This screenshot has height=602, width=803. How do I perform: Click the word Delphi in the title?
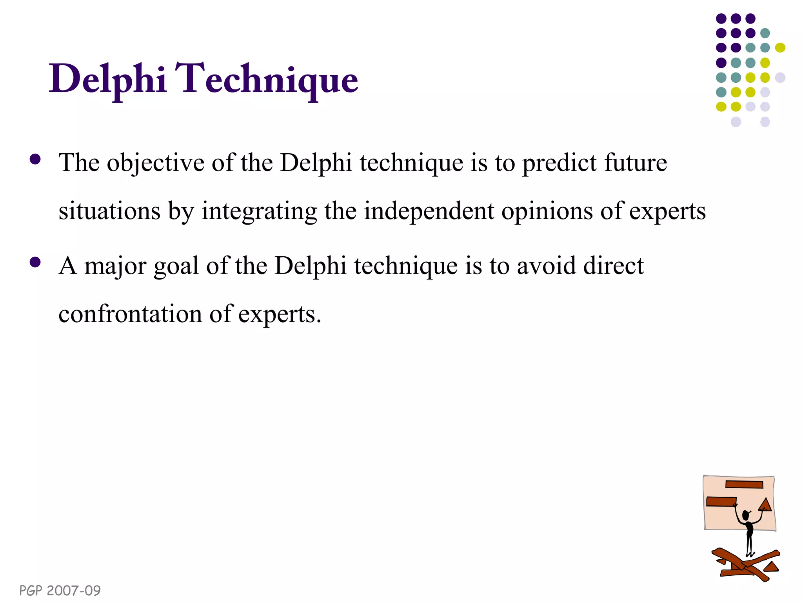[108, 79]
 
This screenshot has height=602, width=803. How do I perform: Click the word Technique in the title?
[266, 79]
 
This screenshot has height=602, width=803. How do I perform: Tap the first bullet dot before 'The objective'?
[35, 159]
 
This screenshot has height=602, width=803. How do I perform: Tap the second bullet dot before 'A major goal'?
[35, 262]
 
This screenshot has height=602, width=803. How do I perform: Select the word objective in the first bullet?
[156, 163]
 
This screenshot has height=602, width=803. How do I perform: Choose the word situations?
[109, 211]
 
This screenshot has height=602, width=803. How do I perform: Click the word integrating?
[259, 211]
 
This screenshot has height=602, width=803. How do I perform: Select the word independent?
[429, 211]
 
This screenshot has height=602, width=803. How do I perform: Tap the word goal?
[176, 266]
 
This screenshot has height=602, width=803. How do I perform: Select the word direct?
[613, 266]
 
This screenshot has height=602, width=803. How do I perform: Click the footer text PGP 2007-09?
[60, 590]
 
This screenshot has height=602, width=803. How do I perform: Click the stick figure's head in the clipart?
[746, 515]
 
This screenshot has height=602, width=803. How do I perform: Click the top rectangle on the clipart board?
[744, 484]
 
